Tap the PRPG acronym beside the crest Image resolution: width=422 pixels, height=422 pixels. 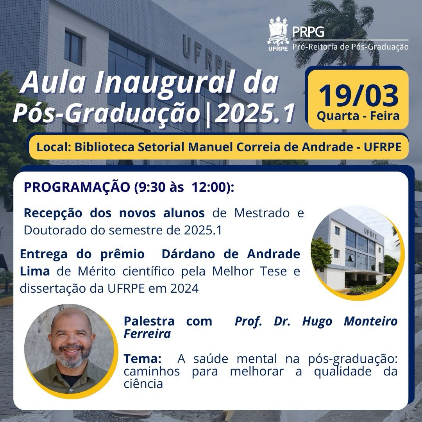[x=308, y=31]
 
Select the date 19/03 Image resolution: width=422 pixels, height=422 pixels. [x=358, y=96]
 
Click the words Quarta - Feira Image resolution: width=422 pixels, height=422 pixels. [x=358, y=116]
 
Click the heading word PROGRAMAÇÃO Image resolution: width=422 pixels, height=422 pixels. [x=77, y=187]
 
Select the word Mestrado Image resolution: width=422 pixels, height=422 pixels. [x=262, y=213]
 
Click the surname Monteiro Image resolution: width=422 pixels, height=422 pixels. [x=370, y=321]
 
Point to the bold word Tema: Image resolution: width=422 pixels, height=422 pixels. [x=143, y=358]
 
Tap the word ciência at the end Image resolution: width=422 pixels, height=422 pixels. [x=143, y=384]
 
